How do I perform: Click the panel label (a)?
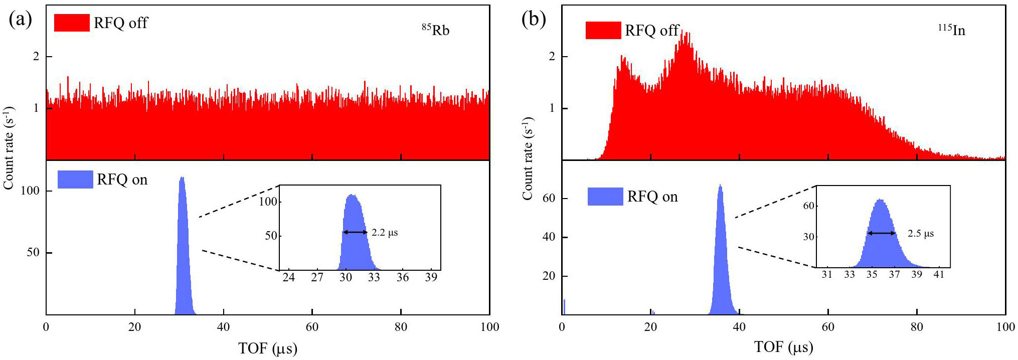coord(20,20)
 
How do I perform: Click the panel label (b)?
coord(534,20)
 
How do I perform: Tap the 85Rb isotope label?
coord(435,30)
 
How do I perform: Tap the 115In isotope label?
coord(951,30)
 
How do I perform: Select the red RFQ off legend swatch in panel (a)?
coord(72,23)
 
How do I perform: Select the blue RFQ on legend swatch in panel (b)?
coord(605,197)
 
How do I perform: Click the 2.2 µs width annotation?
coord(385,233)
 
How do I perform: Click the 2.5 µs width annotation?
coord(921,234)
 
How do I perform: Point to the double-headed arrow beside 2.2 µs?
coord(355,232)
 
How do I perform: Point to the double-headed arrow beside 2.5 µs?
coord(882,233)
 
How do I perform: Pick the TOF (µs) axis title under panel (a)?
coord(268,348)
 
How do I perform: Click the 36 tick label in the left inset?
coord(403,277)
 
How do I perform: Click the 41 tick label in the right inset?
coord(939,274)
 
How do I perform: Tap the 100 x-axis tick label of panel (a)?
coord(489,327)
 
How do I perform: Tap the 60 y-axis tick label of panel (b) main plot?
coord(549,198)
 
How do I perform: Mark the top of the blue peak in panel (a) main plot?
coord(182,177)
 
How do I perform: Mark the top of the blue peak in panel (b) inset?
coord(880,200)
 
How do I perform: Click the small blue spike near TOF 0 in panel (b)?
coord(564,307)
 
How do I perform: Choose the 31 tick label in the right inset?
coord(827,274)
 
